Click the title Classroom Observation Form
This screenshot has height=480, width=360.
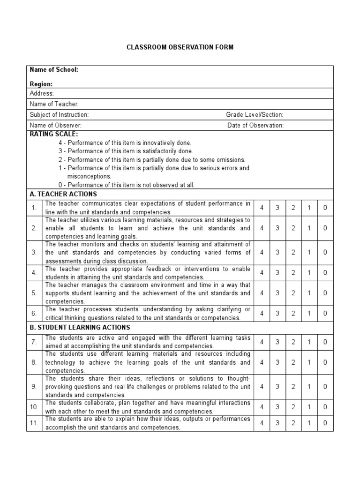tap(180, 47)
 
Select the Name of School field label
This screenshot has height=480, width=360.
tap(54, 70)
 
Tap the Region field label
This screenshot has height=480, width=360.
tap(41, 84)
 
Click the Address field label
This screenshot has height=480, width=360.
tap(42, 93)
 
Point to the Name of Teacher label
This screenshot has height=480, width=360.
tap(54, 104)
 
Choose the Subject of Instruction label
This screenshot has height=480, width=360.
tap(59, 115)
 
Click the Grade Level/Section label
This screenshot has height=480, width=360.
tap(255, 115)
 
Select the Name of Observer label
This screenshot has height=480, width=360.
tap(56, 126)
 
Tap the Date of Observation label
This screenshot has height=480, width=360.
tap(255, 126)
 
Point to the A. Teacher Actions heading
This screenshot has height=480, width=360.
tap(63, 194)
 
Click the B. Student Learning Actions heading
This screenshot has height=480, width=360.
tap(80, 327)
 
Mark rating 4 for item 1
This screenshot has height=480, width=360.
tap(262, 207)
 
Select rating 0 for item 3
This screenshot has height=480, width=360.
tap(325, 252)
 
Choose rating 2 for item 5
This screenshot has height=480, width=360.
tap(293, 293)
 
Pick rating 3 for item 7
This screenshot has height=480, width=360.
tap(277, 342)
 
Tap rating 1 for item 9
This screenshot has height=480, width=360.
tap(309, 387)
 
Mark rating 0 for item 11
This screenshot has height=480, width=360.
tap(325, 423)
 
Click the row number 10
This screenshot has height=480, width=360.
tap(34, 407)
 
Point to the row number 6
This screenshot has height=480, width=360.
tap(34, 313)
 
